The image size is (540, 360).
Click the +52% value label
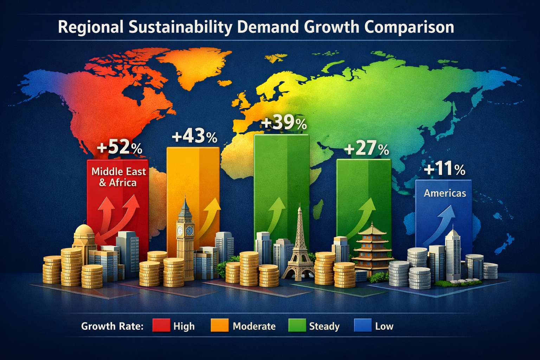click(x=119, y=148)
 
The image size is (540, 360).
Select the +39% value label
click(x=284, y=123)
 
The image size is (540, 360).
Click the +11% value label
click(x=444, y=169)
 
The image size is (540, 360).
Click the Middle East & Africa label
click(x=118, y=177)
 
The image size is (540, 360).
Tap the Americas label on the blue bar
click(x=445, y=193)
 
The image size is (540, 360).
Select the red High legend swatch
click(x=161, y=326)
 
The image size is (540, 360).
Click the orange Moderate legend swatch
click(x=219, y=326)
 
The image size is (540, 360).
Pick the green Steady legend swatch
click(x=297, y=326)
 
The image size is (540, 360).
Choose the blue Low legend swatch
click(x=362, y=326)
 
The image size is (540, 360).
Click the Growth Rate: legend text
click(x=112, y=326)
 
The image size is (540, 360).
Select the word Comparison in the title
click(x=409, y=27)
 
